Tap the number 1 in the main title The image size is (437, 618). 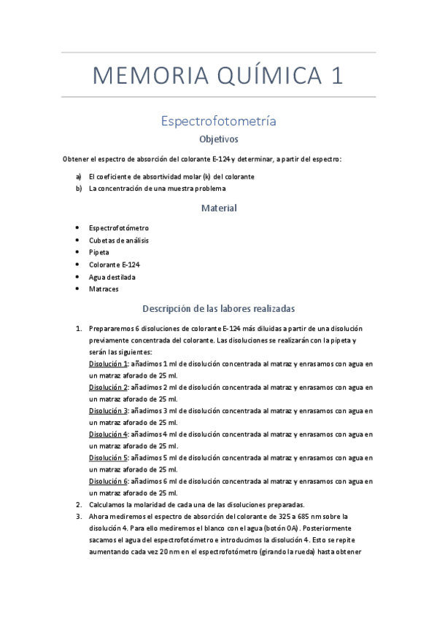click(335, 77)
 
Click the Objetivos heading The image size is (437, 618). click(219, 138)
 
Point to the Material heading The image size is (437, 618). click(219, 208)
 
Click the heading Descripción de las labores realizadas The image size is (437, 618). click(219, 308)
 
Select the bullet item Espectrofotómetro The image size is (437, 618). click(119, 228)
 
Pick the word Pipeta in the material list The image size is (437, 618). click(99, 252)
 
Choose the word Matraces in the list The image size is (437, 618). click(104, 289)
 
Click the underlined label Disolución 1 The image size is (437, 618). click(108, 364)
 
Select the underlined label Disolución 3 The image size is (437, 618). click(108, 410)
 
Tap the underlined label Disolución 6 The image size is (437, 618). click(108, 482)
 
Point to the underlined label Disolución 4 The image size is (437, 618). click(108, 434)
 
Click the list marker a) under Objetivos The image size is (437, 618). click(79, 177)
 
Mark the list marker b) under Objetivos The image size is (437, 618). click(79, 189)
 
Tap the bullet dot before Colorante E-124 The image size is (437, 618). click(78, 265)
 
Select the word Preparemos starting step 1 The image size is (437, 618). click(111, 329)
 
